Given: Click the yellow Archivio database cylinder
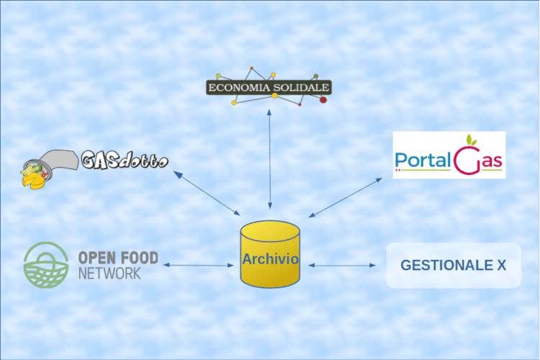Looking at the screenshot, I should (x=269, y=256).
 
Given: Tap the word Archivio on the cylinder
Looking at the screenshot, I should (x=269, y=260).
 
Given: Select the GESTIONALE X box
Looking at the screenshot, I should (x=453, y=266).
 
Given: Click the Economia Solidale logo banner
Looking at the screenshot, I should (x=268, y=88).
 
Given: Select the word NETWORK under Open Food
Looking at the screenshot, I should (x=109, y=274).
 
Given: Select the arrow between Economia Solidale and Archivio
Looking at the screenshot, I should (x=269, y=158).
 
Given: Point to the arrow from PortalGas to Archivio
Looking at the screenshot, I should (x=346, y=197).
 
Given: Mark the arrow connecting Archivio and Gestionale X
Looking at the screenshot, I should (x=343, y=266).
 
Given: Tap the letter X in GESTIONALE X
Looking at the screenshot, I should (x=500, y=266).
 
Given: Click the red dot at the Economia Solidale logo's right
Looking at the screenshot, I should (x=323, y=99).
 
